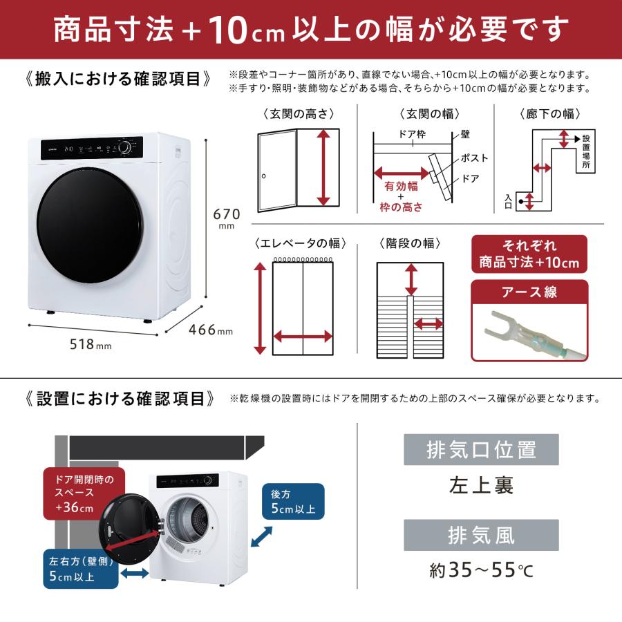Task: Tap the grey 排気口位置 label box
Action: click(469, 450)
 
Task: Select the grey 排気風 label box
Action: click(469, 536)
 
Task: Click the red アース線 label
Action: click(529, 292)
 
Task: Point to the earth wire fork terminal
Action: click(505, 323)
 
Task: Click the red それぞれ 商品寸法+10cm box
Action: click(529, 254)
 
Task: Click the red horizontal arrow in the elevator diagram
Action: click(303, 337)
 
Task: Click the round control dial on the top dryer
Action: click(125, 148)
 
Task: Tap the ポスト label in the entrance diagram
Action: click(474, 158)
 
